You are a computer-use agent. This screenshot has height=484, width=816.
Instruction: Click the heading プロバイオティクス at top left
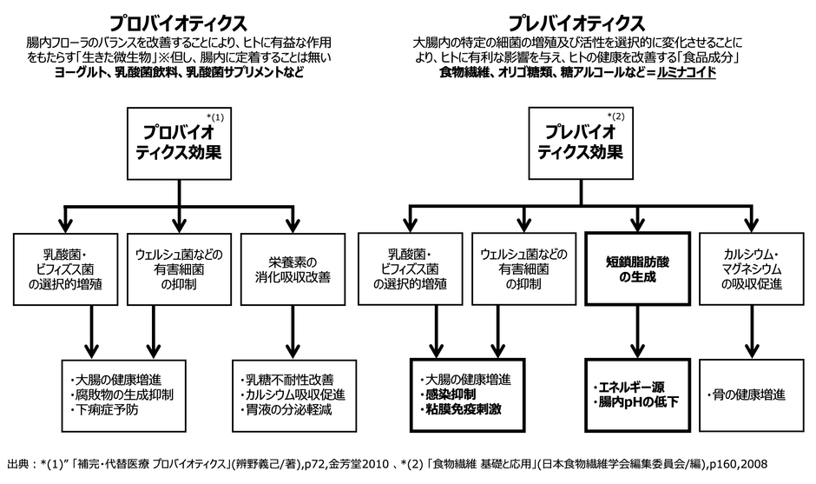[178, 20]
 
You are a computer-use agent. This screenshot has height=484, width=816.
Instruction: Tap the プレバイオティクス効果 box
[583, 140]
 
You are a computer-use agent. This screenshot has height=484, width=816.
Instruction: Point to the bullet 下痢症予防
[108, 409]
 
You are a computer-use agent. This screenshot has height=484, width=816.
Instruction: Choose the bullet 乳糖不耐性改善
[285, 380]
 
